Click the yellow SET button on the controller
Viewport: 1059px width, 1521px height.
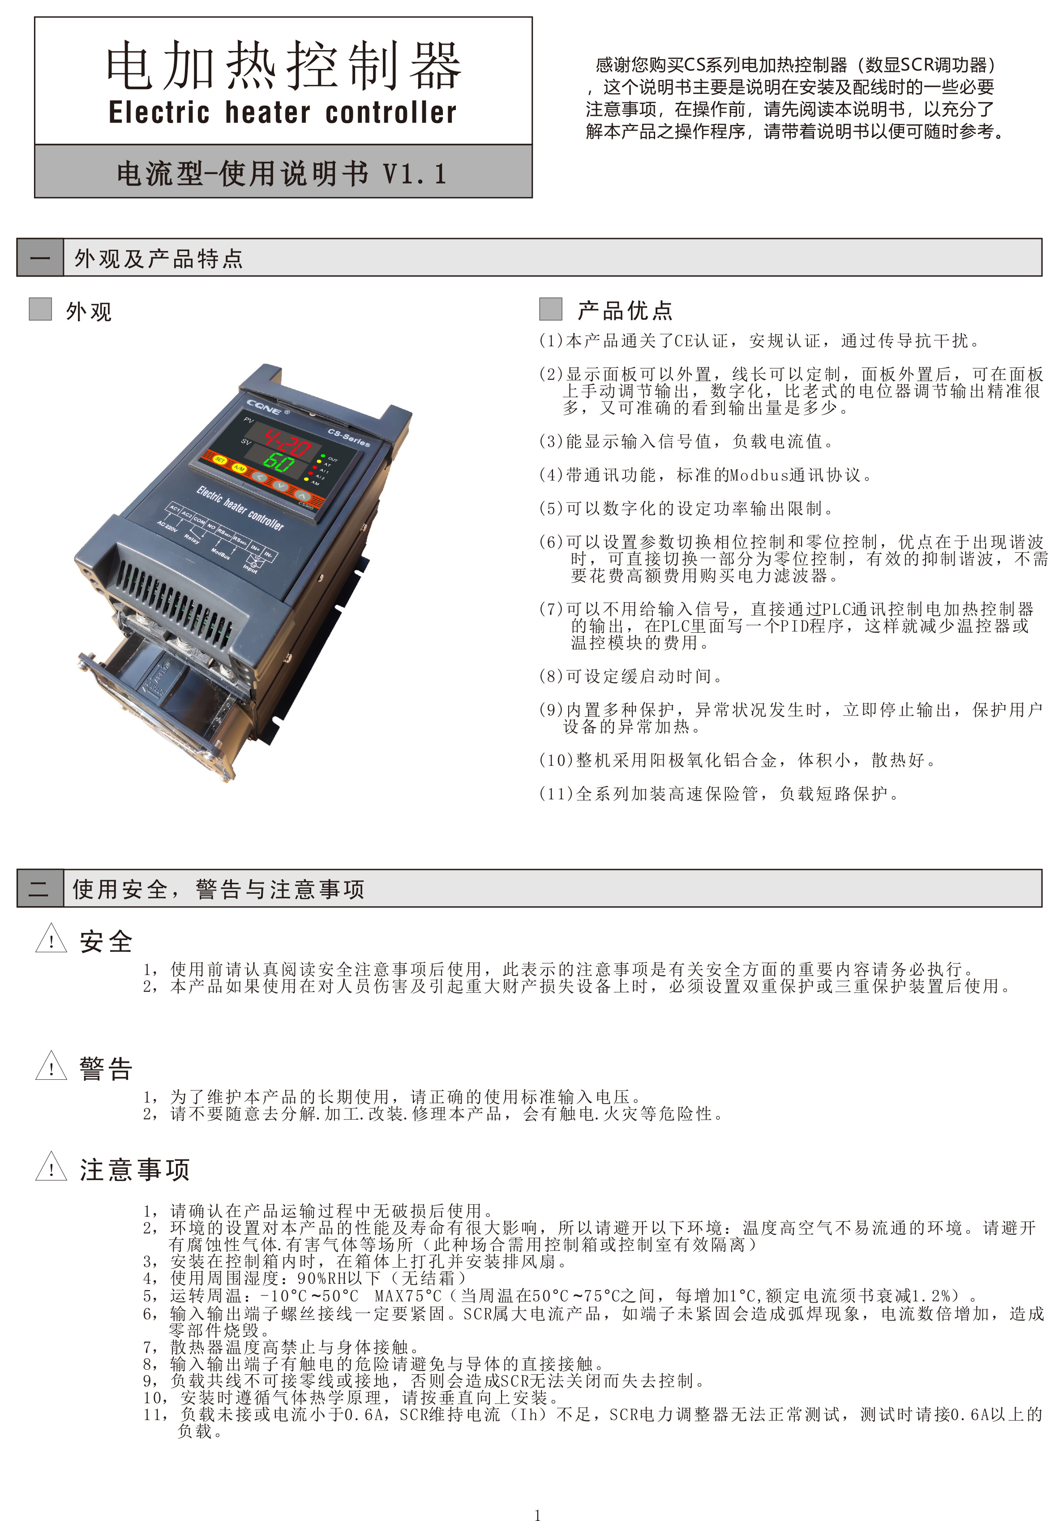coord(220,460)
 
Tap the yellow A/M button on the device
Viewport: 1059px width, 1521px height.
coord(239,469)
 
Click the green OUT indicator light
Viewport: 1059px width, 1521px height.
coord(323,456)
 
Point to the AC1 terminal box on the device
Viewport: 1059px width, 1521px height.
coord(174,509)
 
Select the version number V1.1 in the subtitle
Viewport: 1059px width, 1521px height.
coord(414,174)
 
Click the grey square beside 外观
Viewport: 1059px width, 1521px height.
coord(40,309)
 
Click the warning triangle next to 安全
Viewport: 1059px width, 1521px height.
coord(51,939)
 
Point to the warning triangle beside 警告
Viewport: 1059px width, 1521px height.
coord(51,1066)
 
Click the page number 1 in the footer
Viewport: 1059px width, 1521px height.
coord(537,1514)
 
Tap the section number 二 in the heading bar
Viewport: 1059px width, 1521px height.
coord(40,888)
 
